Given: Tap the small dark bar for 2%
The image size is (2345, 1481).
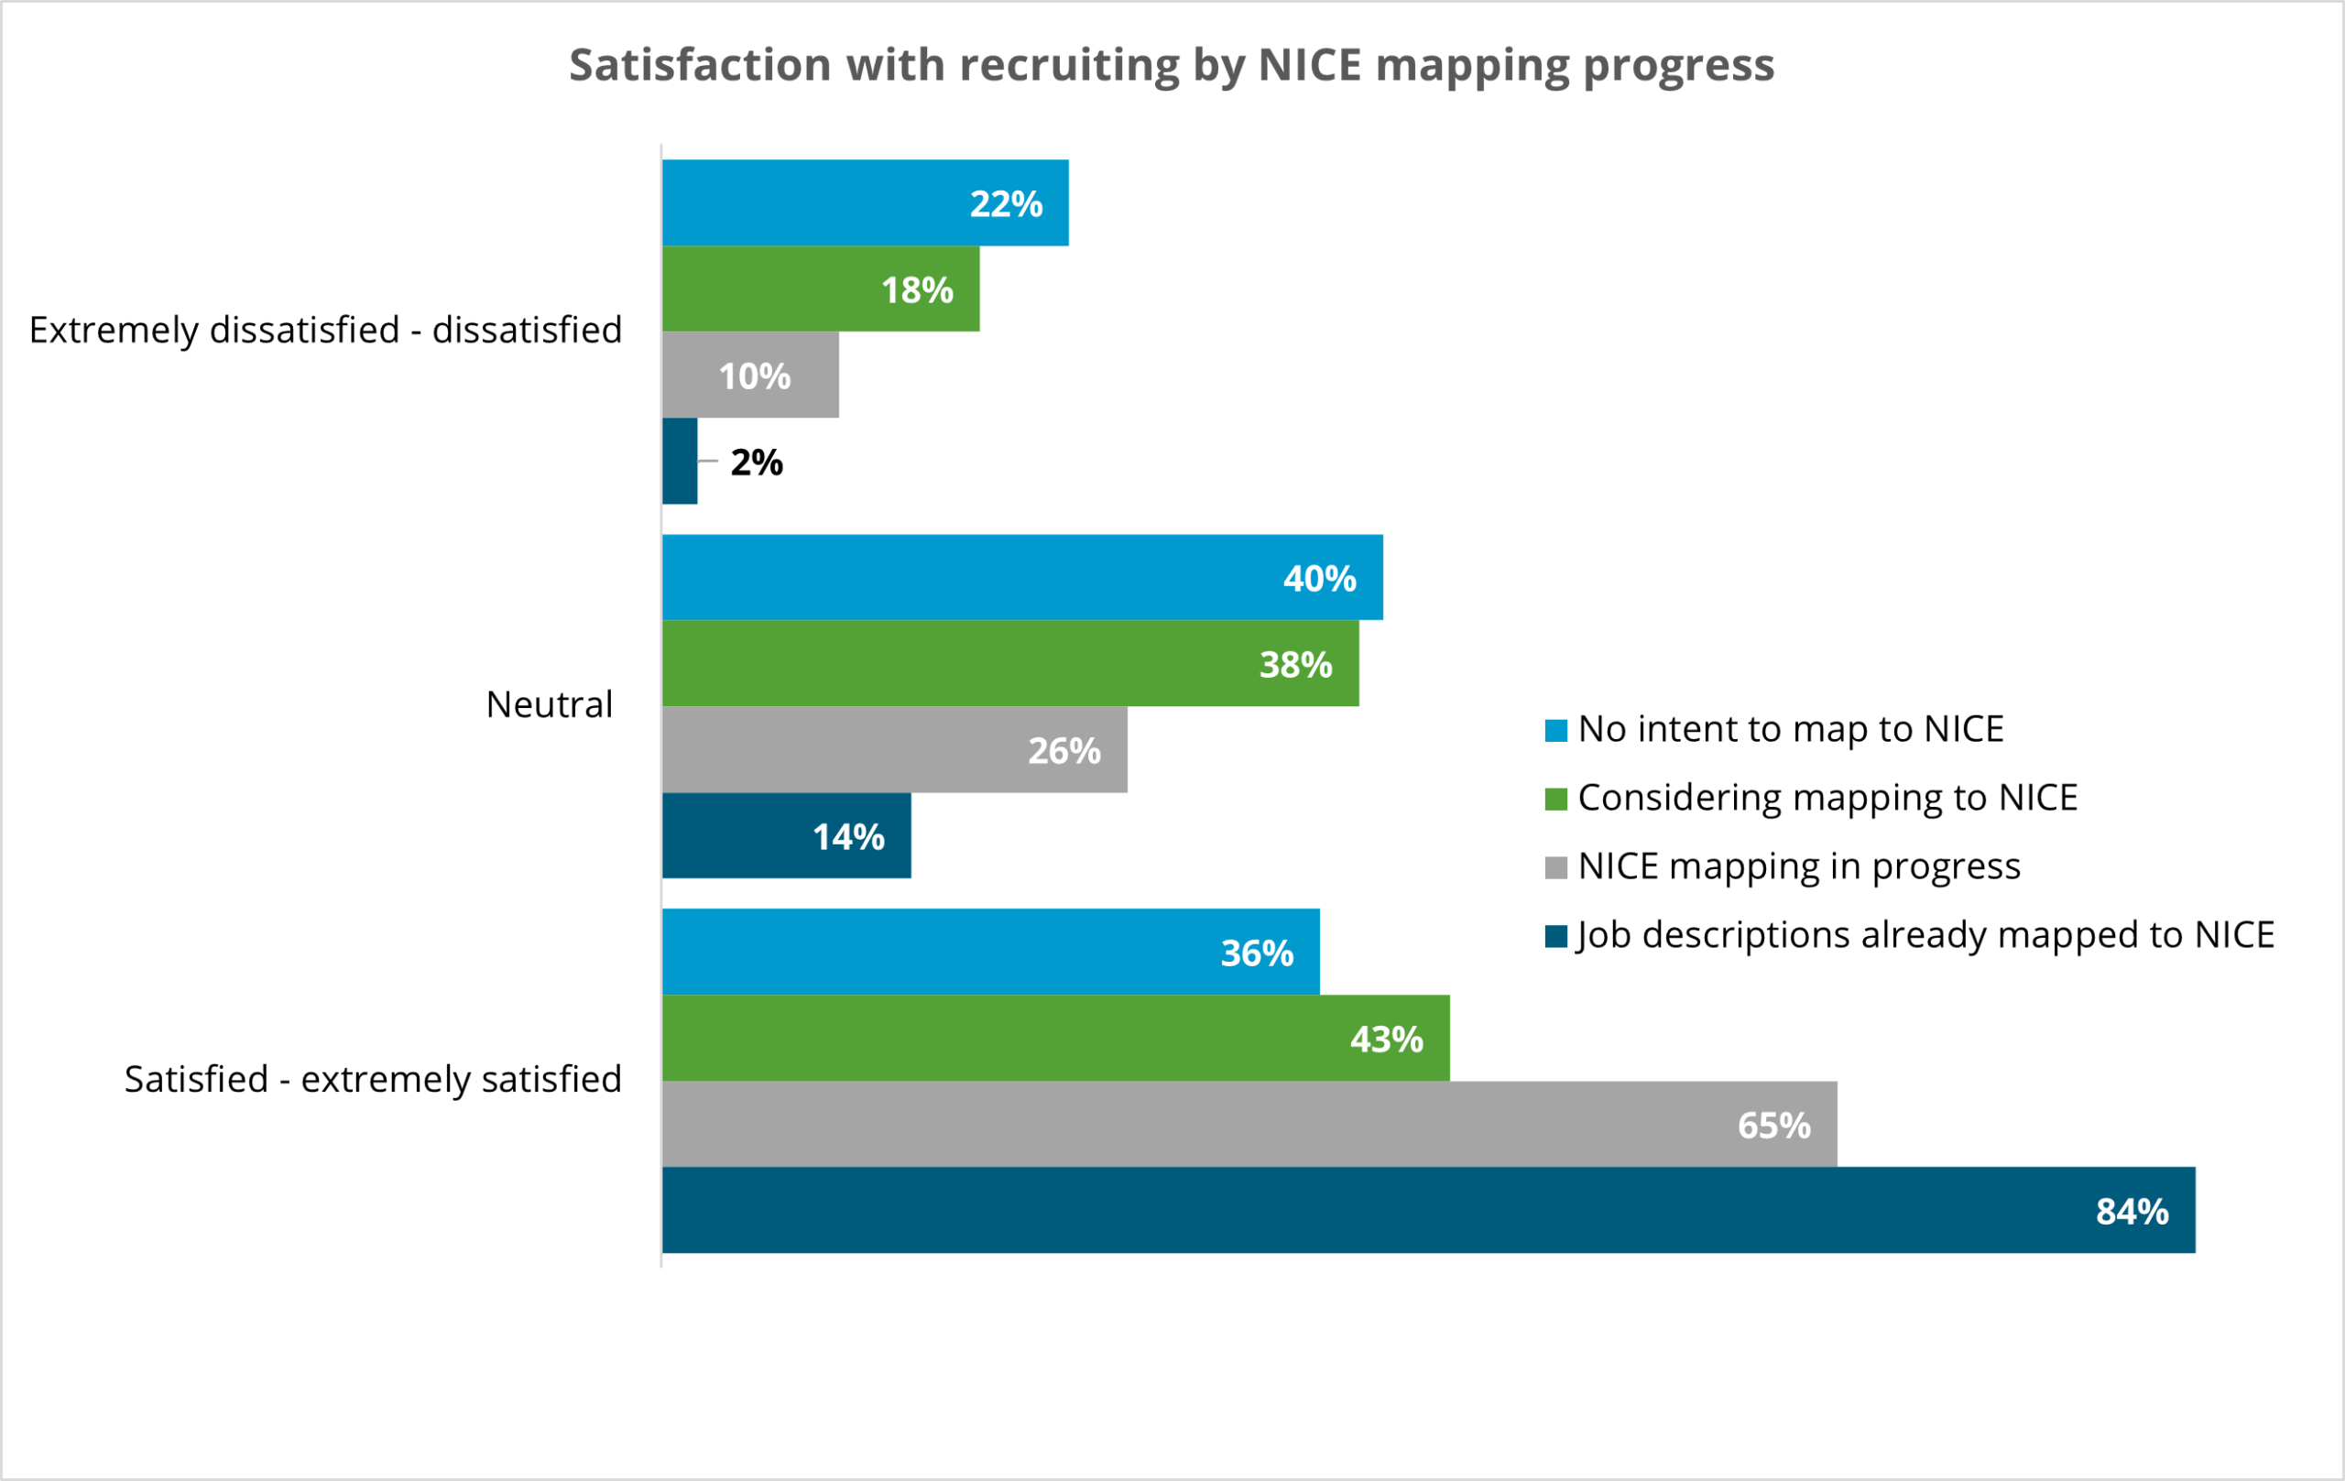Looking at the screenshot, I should pos(680,461).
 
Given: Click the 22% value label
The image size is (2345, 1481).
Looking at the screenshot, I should pos(1006,204).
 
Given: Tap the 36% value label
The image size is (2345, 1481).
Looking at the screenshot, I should pos(1257,953).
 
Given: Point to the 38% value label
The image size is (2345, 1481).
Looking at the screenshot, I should pos(1295,665).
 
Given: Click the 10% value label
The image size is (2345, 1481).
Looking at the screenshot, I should pos(755,376).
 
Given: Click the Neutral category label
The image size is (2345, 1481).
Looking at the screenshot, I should pos(550,704).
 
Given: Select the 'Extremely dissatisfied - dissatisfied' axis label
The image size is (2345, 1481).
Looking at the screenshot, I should pos(325,330).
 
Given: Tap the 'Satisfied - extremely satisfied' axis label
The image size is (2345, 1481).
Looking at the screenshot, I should pos(373,1079).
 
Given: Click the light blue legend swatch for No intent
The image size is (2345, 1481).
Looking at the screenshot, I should pos(1556,730).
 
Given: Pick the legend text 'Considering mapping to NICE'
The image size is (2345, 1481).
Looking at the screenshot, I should pos(1827,798).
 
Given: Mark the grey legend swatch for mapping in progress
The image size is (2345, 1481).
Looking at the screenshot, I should pos(1556,867).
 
